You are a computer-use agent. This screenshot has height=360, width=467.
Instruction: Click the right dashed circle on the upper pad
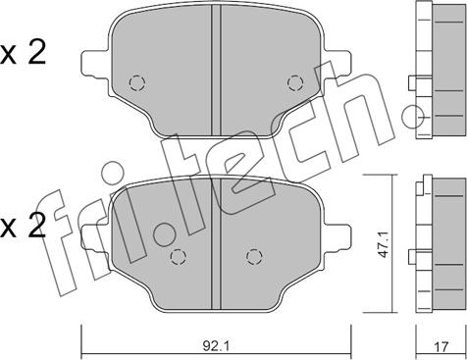tap(293, 83)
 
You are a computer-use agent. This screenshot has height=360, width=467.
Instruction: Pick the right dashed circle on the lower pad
tap(253, 256)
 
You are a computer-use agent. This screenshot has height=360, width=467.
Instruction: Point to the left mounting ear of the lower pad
tap(91, 235)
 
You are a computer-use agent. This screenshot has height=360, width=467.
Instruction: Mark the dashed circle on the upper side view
tap(423, 118)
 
